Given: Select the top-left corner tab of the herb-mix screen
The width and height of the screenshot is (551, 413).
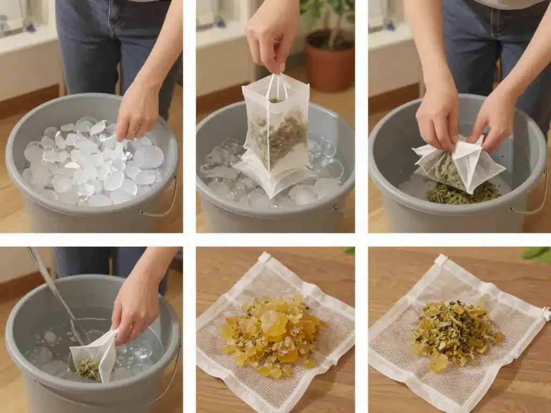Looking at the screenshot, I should click(441, 260).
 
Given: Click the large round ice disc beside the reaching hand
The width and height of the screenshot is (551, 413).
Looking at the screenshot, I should click(149, 157).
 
